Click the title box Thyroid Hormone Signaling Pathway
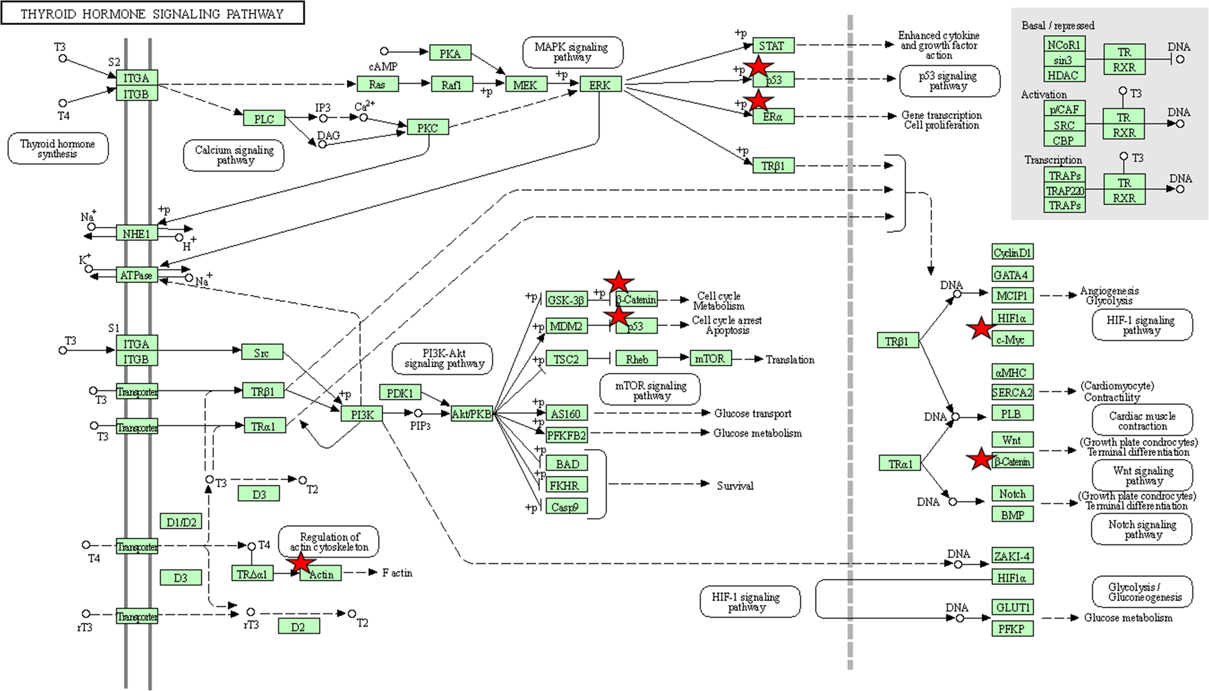tap(152, 13)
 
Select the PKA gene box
tap(450, 53)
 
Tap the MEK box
tap(526, 85)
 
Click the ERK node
tap(600, 85)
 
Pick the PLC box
tap(264, 118)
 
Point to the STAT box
tap(772, 45)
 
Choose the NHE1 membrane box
tap(136, 233)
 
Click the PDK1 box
tap(400, 393)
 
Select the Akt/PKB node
tap(472, 414)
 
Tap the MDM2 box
tap(566, 326)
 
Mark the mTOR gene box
tap(710, 359)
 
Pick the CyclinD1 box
tap(1012, 252)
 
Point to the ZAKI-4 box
tap(1012, 556)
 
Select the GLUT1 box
tap(1012, 607)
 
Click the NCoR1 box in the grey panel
tap(1063, 45)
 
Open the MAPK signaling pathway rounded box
tap(572, 52)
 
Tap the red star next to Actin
tap(301, 563)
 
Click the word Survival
tap(735, 486)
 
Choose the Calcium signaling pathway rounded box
tap(234, 155)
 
